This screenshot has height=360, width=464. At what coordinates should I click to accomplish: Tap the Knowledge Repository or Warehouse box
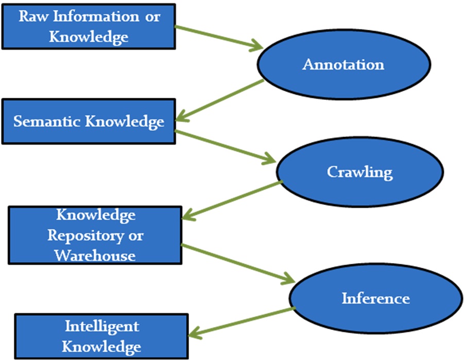click(95, 235)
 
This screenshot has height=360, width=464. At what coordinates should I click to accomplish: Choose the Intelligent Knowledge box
click(101, 336)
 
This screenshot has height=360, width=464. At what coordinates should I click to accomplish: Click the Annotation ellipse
click(343, 65)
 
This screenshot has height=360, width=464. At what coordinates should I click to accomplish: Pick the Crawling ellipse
click(359, 172)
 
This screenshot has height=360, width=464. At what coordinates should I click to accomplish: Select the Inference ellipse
click(375, 298)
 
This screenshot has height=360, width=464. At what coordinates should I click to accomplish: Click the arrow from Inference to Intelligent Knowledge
click(242, 321)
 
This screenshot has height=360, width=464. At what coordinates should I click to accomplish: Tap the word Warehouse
click(95, 255)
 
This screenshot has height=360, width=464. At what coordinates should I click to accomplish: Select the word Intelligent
click(101, 326)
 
